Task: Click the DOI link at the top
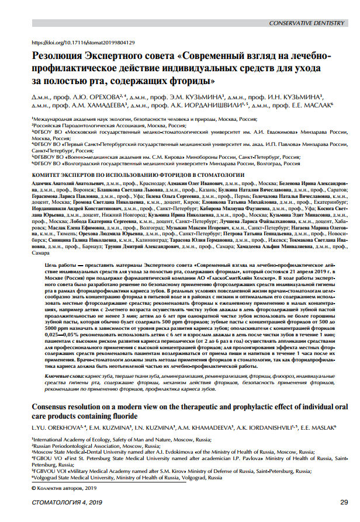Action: pyautogui.click(x=82, y=43)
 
